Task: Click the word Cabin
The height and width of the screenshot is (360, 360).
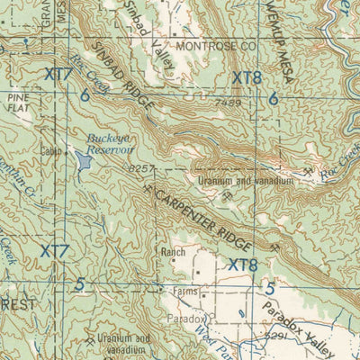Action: click(x=49, y=151)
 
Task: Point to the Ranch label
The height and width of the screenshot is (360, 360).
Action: click(x=173, y=253)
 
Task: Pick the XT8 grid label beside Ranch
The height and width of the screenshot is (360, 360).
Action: click(x=243, y=265)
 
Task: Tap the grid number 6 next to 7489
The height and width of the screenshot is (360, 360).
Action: click(x=273, y=99)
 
